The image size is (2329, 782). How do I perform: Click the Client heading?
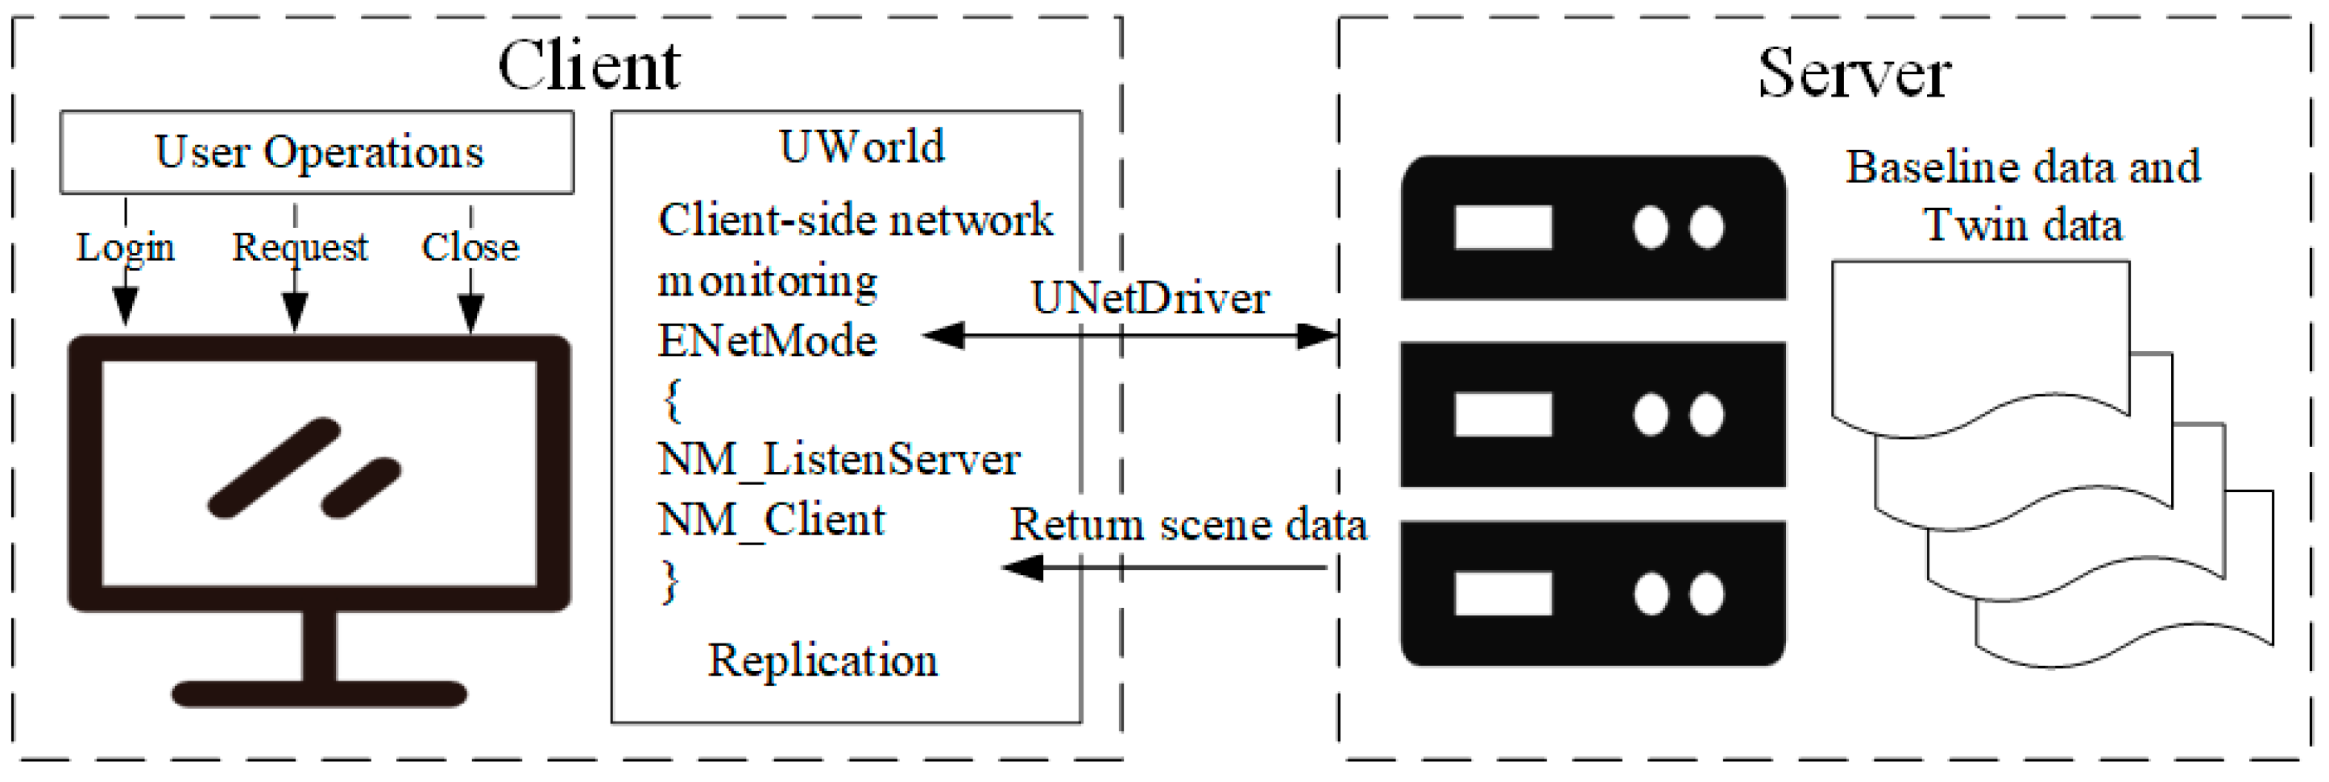point(589,67)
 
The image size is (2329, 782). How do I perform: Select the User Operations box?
point(317,152)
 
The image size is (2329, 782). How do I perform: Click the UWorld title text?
point(862,147)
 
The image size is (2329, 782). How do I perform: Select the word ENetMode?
point(767,341)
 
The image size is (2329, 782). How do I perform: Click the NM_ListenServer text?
point(839,460)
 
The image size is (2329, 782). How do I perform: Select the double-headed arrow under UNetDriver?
point(1130,337)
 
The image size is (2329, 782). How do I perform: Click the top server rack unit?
point(1592,228)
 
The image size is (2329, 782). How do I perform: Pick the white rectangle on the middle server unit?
point(1502,415)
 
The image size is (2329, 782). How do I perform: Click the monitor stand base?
point(319,694)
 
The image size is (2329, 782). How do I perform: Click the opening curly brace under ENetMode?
point(672,400)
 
